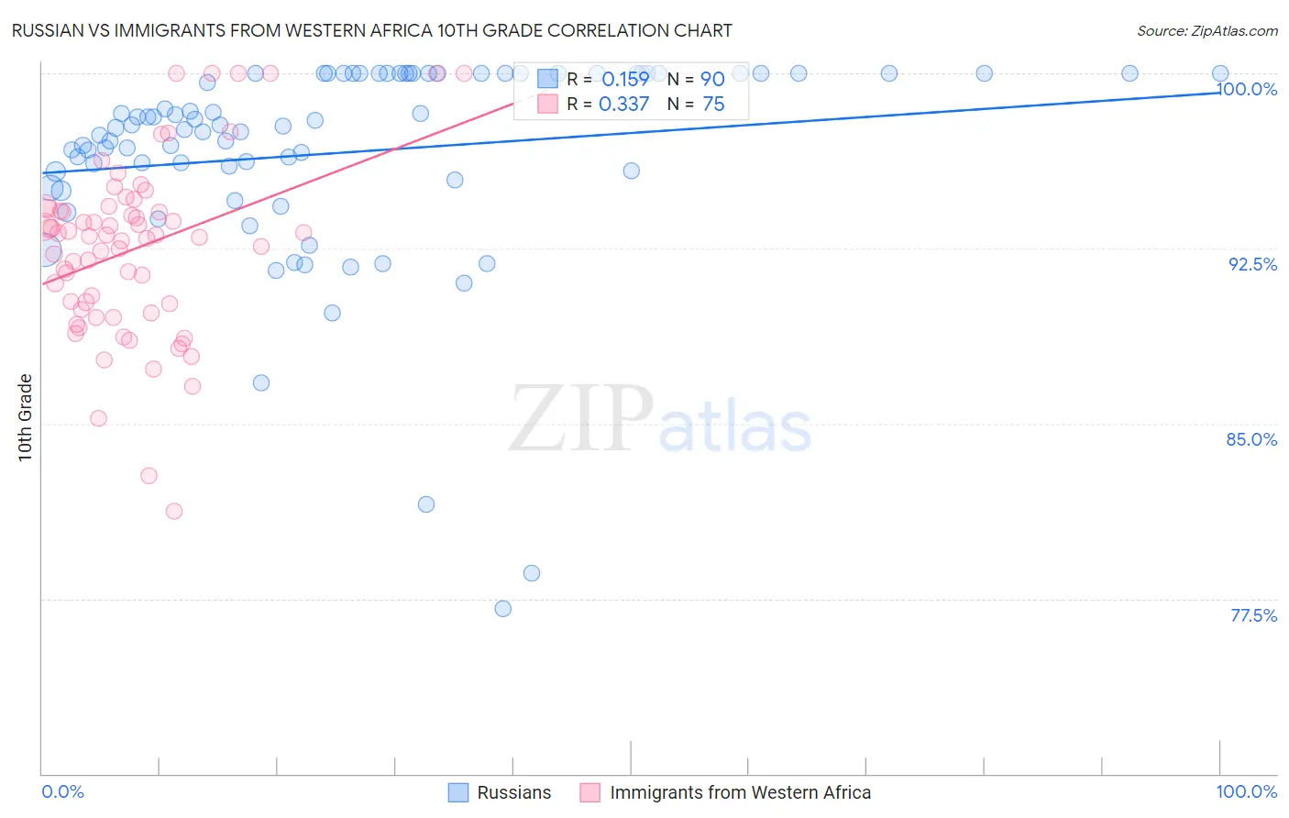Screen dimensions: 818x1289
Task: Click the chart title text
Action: [371, 30]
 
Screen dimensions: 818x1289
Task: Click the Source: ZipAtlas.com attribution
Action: [1206, 30]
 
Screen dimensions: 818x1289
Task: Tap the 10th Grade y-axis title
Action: [25, 417]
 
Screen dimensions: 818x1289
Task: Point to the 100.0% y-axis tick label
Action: [1247, 89]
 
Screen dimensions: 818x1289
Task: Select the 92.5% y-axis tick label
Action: [1252, 264]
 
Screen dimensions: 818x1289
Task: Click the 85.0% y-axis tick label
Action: [1251, 439]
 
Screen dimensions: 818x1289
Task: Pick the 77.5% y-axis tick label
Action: [1253, 615]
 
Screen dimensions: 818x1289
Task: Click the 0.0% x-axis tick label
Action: [63, 791]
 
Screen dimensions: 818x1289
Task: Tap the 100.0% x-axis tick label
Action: [1246, 791]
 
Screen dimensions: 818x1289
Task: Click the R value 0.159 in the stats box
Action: [625, 80]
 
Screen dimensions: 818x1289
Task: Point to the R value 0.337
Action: [623, 105]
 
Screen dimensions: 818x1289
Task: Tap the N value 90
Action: [712, 80]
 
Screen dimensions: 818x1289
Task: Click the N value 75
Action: [713, 105]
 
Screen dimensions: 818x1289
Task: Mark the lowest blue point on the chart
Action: [502, 609]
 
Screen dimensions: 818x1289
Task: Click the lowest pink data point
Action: [174, 511]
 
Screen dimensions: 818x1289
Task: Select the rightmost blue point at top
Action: [1220, 73]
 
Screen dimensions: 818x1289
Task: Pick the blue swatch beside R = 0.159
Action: [547, 79]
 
